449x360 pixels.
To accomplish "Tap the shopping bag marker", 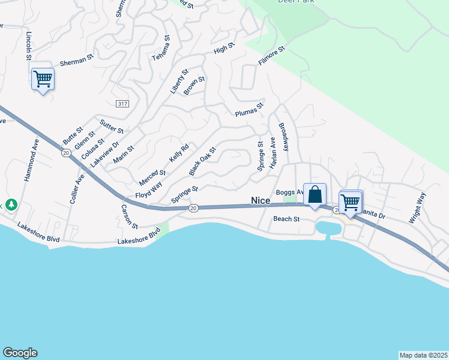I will tap(315, 194).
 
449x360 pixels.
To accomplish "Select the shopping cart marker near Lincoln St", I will tap(43, 79).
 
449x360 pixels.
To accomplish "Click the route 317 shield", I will tap(123, 104).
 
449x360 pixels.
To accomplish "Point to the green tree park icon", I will tap(11, 205).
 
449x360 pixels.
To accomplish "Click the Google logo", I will tap(20, 353).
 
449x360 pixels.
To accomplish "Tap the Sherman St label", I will tap(77, 61).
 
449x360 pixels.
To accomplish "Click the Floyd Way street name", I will tap(149, 191).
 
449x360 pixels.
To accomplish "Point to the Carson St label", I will tap(130, 217).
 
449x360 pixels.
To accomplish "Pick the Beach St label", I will tap(286, 219).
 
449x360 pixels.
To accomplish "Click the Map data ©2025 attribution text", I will tap(424, 355).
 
